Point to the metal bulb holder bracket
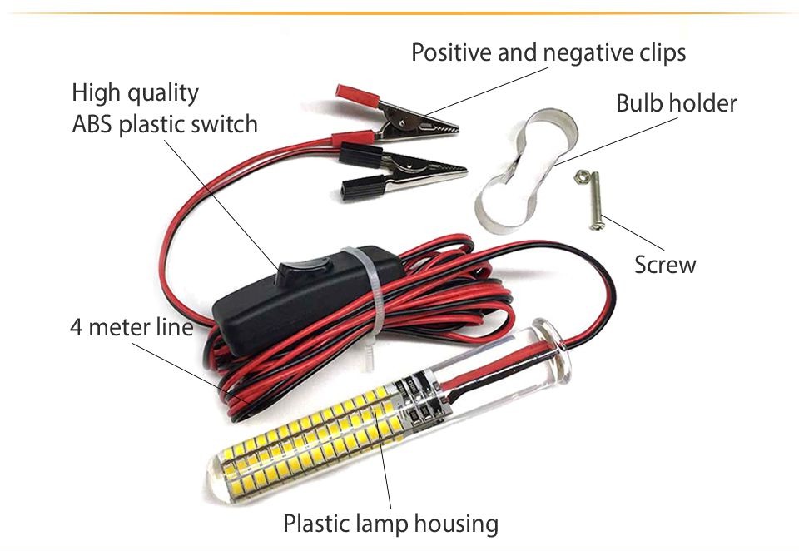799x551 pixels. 525,171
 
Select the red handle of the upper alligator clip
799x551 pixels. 358,96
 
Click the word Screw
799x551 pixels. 665,265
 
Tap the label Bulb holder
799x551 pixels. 676,103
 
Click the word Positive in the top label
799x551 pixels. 452,52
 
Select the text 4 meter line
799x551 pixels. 132,327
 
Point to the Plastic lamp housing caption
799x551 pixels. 391,524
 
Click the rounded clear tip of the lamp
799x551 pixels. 220,479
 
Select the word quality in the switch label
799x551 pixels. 163,93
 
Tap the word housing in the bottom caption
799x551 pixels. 456,524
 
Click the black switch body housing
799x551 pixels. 305,300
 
